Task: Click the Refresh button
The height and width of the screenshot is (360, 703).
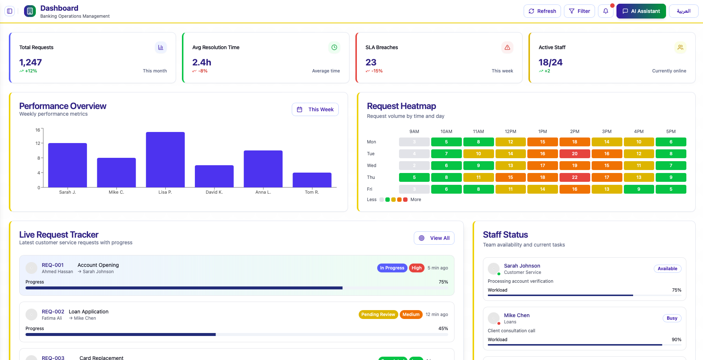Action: click(x=542, y=11)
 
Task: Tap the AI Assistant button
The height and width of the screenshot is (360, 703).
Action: click(x=641, y=11)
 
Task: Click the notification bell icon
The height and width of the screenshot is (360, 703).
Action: click(x=605, y=11)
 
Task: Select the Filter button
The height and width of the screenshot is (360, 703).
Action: click(x=579, y=11)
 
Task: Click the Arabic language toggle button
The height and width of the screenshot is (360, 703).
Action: click(x=683, y=11)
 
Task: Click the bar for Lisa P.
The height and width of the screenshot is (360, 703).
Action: click(x=165, y=160)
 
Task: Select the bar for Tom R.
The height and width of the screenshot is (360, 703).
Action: click(x=312, y=180)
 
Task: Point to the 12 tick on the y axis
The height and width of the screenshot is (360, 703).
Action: click(x=38, y=143)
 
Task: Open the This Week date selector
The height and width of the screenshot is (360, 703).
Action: click(x=315, y=109)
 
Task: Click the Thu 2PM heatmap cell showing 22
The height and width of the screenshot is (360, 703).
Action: click(x=574, y=177)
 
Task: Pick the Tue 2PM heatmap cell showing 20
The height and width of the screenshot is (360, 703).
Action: click(x=574, y=154)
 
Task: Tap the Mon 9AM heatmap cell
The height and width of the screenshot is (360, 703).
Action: click(x=414, y=142)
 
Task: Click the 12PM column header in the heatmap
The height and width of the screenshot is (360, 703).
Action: click(x=510, y=132)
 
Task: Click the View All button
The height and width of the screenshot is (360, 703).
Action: click(x=434, y=238)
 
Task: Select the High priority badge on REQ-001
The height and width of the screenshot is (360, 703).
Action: click(x=416, y=268)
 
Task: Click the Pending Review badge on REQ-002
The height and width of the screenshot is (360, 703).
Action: click(x=378, y=315)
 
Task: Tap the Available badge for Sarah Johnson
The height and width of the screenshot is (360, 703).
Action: click(x=667, y=269)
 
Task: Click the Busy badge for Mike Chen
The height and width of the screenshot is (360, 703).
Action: click(x=672, y=318)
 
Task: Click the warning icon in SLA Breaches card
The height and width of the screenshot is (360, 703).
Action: click(x=507, y=47)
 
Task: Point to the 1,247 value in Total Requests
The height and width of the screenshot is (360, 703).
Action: click(x=31, y=62)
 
